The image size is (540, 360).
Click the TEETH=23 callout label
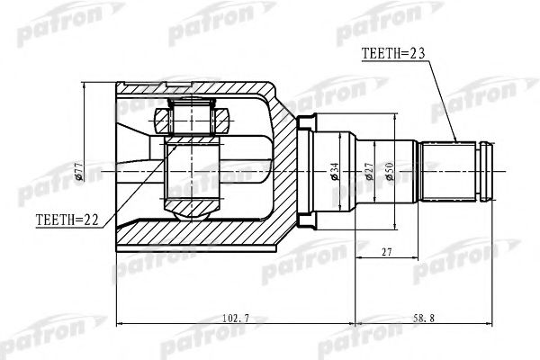coord(393,53)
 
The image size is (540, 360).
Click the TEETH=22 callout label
coord(67,220)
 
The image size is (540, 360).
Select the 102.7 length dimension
coord(236,318)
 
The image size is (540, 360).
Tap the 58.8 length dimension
coord(424,318)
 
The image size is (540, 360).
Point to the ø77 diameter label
coord(78,172)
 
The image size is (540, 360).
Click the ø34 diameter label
coord(335,171)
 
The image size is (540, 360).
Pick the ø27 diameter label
coord(369,171)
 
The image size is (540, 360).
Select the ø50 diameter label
coord(390,171)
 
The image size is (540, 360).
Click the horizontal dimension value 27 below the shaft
coord(387,252)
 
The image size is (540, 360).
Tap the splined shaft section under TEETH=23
coord(448,171)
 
